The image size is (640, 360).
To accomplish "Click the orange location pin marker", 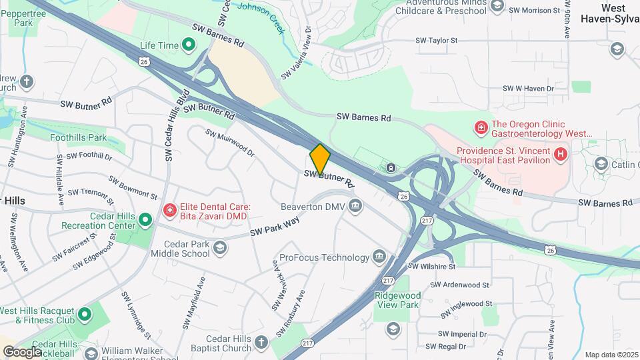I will (320, 158).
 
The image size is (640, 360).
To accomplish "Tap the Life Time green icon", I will (188, 45).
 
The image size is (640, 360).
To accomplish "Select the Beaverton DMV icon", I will (355, 206).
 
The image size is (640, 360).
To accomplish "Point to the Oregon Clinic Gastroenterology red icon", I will (479, 127).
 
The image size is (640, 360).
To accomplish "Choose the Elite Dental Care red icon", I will (170, 211).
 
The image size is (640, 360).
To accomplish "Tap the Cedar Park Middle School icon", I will (219, 249).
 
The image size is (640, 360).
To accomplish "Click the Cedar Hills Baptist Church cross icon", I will (261, 343).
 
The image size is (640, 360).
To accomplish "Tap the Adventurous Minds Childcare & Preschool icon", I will (496, 6).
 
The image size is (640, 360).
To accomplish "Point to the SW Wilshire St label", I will (431, 266).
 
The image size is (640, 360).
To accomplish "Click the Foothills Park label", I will (78, 137).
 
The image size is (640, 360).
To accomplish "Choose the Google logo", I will (23, 351).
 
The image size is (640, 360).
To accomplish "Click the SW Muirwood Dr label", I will (231, 142).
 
